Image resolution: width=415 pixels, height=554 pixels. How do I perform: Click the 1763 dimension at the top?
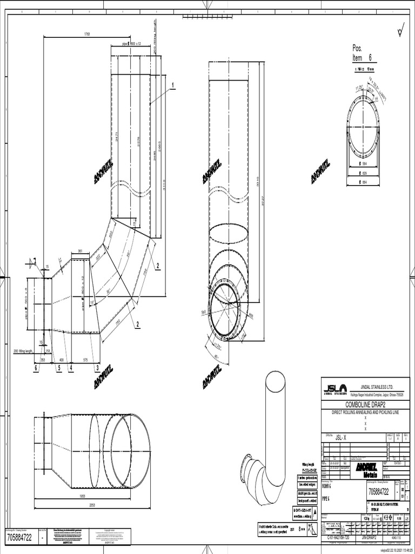[86, 34]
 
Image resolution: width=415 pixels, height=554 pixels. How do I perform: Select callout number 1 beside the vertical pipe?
[173, 85]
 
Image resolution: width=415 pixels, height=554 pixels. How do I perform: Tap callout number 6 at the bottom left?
[36, 368]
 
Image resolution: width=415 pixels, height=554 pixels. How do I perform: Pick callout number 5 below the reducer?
[58, 368]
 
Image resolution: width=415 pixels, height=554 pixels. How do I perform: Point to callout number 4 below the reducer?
[70, 368]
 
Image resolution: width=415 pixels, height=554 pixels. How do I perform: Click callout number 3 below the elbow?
[97, 368]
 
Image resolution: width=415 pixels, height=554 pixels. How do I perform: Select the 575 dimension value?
[85, 359]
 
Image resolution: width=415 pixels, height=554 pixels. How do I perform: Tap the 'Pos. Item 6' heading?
[362, 53]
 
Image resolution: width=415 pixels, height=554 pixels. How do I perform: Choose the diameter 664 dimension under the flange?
[363, 182]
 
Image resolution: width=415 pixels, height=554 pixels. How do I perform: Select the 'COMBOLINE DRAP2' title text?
[365, 405]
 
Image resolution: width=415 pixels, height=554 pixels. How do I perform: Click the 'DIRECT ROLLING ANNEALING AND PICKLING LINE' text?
[365, 412]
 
